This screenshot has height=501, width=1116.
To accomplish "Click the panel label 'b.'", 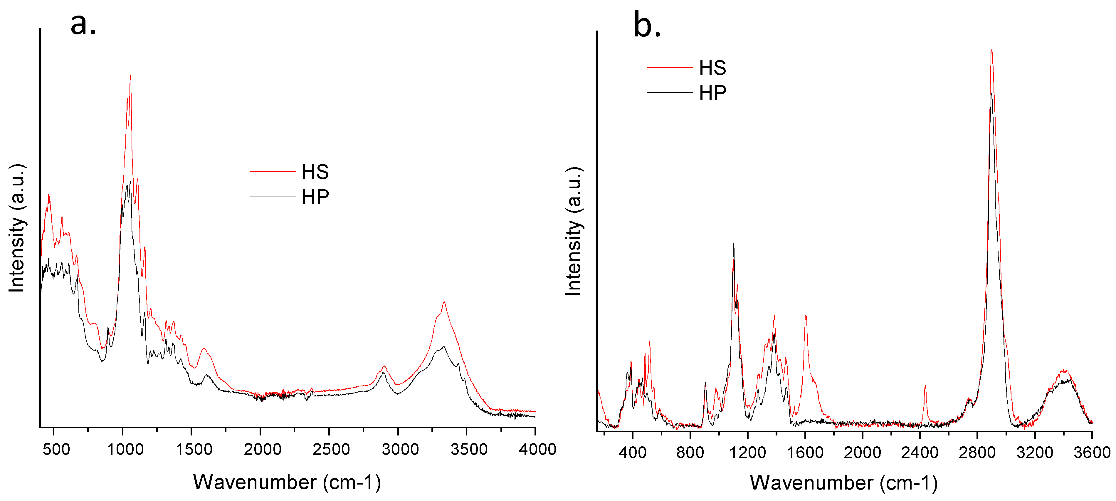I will (647, 26).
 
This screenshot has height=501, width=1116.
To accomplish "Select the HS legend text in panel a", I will (315, 172).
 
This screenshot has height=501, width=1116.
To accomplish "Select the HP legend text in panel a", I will (315, 197).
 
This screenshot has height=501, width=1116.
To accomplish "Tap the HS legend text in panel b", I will (712, 68).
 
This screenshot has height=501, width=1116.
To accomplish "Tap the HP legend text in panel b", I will (712, 93).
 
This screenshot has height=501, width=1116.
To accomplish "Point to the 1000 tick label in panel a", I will (125, 449).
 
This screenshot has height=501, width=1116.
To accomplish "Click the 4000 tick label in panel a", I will (537, 449).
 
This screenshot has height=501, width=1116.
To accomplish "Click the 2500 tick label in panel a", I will (331, 449).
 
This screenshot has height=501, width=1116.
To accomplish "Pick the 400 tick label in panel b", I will (633, 453).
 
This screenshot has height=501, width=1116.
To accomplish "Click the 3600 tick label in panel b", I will (1092, 453).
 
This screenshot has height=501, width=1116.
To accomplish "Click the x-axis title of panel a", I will (287, 482).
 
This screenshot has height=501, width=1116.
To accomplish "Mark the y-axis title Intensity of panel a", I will (17, 228).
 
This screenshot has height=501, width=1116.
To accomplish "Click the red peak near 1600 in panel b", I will (805, 316).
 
